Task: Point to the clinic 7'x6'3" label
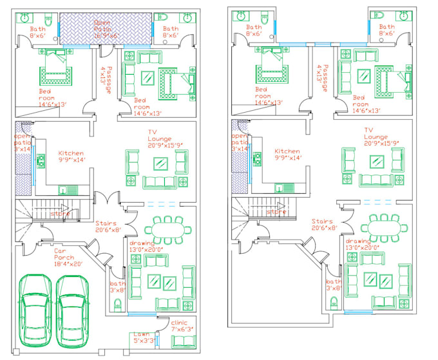[183, 325]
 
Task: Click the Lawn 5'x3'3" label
[142, 337]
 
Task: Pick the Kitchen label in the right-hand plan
[288, 155]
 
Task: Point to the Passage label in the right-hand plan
[321, 76]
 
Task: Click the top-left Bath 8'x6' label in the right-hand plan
[254, 30]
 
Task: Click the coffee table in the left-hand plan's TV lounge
[159, 164]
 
